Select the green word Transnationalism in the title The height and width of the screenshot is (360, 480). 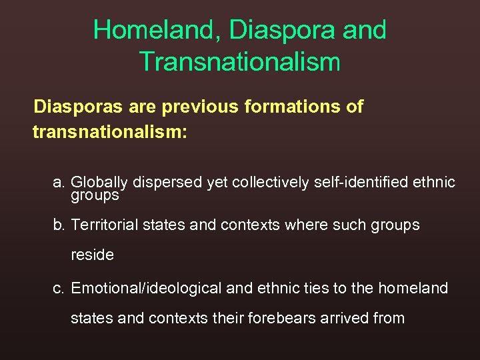click(240, 62)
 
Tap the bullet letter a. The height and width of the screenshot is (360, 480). click(59, 182)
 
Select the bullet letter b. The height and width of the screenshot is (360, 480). click(59, 225)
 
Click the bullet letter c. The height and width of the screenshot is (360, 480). click(59, 288)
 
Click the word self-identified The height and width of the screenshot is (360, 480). click(363, 182)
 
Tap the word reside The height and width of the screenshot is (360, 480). click(92, 255)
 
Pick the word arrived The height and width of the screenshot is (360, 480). click(343, 318)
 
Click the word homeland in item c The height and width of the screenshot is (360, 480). click(413, 288)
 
